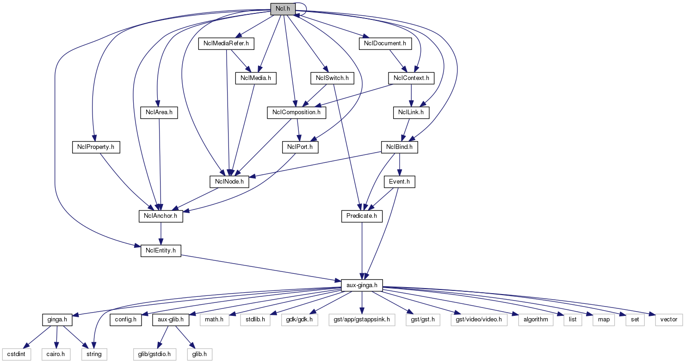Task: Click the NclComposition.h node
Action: click(296, 112)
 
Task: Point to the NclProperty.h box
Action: click(96, 147)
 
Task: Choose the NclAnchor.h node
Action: click(160, 216)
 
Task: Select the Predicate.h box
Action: click(362, 216)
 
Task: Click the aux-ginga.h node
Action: click(362, 285)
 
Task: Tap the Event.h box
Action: click(399, 182)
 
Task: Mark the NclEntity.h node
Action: click(160, 251)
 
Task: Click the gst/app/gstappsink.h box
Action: click(362, 320)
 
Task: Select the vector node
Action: click(669, 320)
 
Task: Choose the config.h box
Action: click(126, 320)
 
